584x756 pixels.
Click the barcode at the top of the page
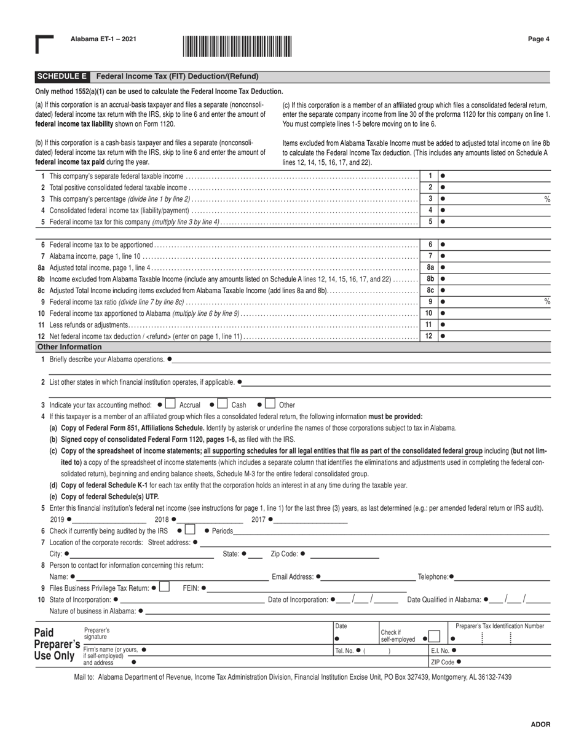click(237, 47)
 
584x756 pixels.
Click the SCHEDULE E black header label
click(61, 77)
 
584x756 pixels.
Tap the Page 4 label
click(539, 39)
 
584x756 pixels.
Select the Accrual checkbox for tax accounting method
click(170, 404)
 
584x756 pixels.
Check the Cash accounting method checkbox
click(223, 404)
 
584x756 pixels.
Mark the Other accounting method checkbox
click(270, 404)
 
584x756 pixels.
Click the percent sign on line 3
click(547, 199)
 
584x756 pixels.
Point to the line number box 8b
click(430, 278)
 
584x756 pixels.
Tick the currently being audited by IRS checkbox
click(190, 530)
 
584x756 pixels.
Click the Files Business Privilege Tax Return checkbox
click(164, 588)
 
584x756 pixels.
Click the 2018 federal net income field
click(200, 520)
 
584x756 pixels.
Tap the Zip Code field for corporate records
click(344, 554)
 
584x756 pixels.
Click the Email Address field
click(369, 577)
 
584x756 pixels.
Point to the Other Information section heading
click(69, 347)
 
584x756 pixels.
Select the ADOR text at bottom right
click(540, 725)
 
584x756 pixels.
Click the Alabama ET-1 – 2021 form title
click(103, 39)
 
